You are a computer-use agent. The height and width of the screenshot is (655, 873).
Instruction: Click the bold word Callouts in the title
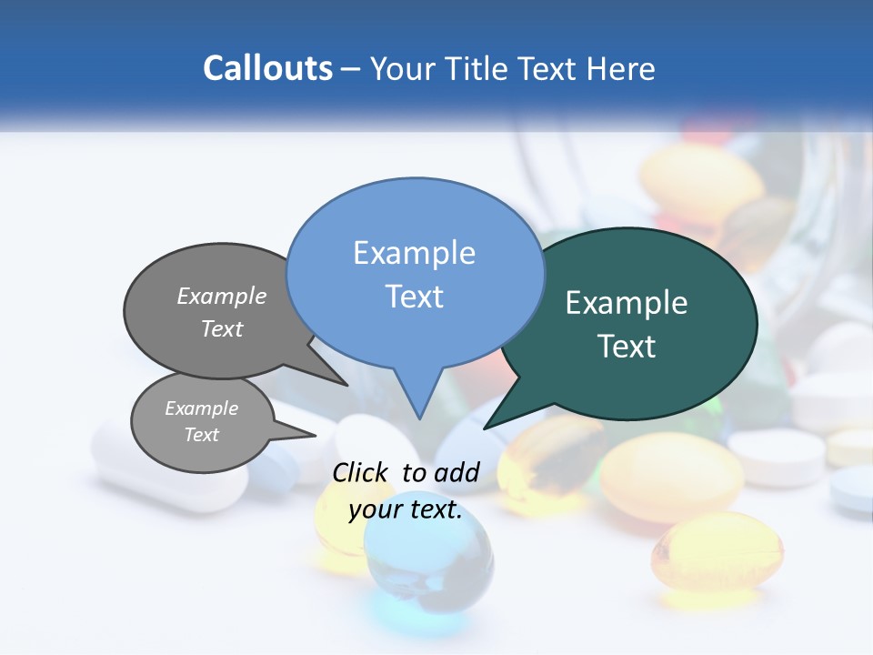(x=268, y=68)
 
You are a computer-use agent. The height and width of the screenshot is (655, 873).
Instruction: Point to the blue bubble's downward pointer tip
(x=418, y=418)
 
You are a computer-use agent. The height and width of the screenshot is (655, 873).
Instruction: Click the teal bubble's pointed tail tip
(x=485, y=428)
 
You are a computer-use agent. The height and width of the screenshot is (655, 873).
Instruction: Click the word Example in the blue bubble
(x=415, y=253)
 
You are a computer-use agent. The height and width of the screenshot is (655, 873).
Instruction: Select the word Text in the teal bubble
(x=627, y=347)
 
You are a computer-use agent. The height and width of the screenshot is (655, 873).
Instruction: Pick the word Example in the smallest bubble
(x=202, y=408)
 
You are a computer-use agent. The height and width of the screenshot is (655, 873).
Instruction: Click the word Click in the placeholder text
(x=360, y=472)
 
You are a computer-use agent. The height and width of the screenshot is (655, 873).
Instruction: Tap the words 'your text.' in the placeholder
(x=406, y=509)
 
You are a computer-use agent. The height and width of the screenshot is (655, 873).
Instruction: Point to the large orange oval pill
(x=671, y=478)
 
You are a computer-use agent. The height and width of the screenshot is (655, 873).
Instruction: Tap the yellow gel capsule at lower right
(x=717, y=552)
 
